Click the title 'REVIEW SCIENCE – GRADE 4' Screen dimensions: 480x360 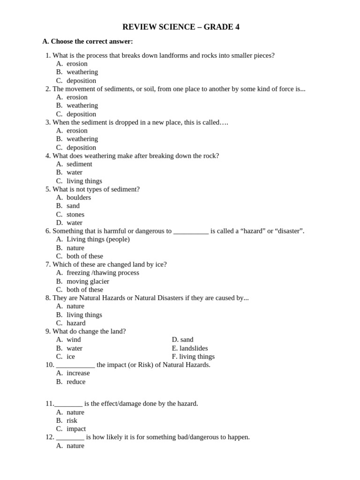point(180,27)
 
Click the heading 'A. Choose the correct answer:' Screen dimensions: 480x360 point(88,41)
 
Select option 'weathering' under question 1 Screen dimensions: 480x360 point(82,72)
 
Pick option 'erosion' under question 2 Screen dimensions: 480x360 point(77,97)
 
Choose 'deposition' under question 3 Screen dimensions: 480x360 point(81,148)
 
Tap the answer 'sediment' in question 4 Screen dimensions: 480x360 point(79,164)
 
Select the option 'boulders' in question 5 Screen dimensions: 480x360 point(79,197)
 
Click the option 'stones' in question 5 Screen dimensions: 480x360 point(75,215)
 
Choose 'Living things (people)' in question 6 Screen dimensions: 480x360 point(98,240)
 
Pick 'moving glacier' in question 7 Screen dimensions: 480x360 point(88,281)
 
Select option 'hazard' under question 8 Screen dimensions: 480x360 point(76,323)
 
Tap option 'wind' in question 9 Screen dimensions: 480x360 point(74,340)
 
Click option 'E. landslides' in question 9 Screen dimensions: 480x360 point(190,348)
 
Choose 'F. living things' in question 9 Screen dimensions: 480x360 point(193,357)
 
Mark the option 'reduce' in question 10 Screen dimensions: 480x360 point(76,382)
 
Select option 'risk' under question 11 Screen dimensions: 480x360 point(72,420)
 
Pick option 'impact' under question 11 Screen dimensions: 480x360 point(76,429)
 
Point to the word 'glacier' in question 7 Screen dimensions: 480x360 point(98,281)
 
